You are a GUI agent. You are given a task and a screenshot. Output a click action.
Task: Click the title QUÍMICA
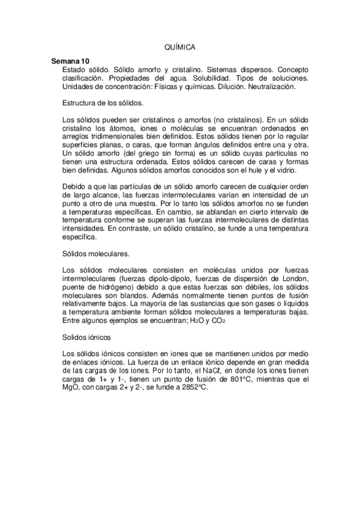click(x=180, y=46)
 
